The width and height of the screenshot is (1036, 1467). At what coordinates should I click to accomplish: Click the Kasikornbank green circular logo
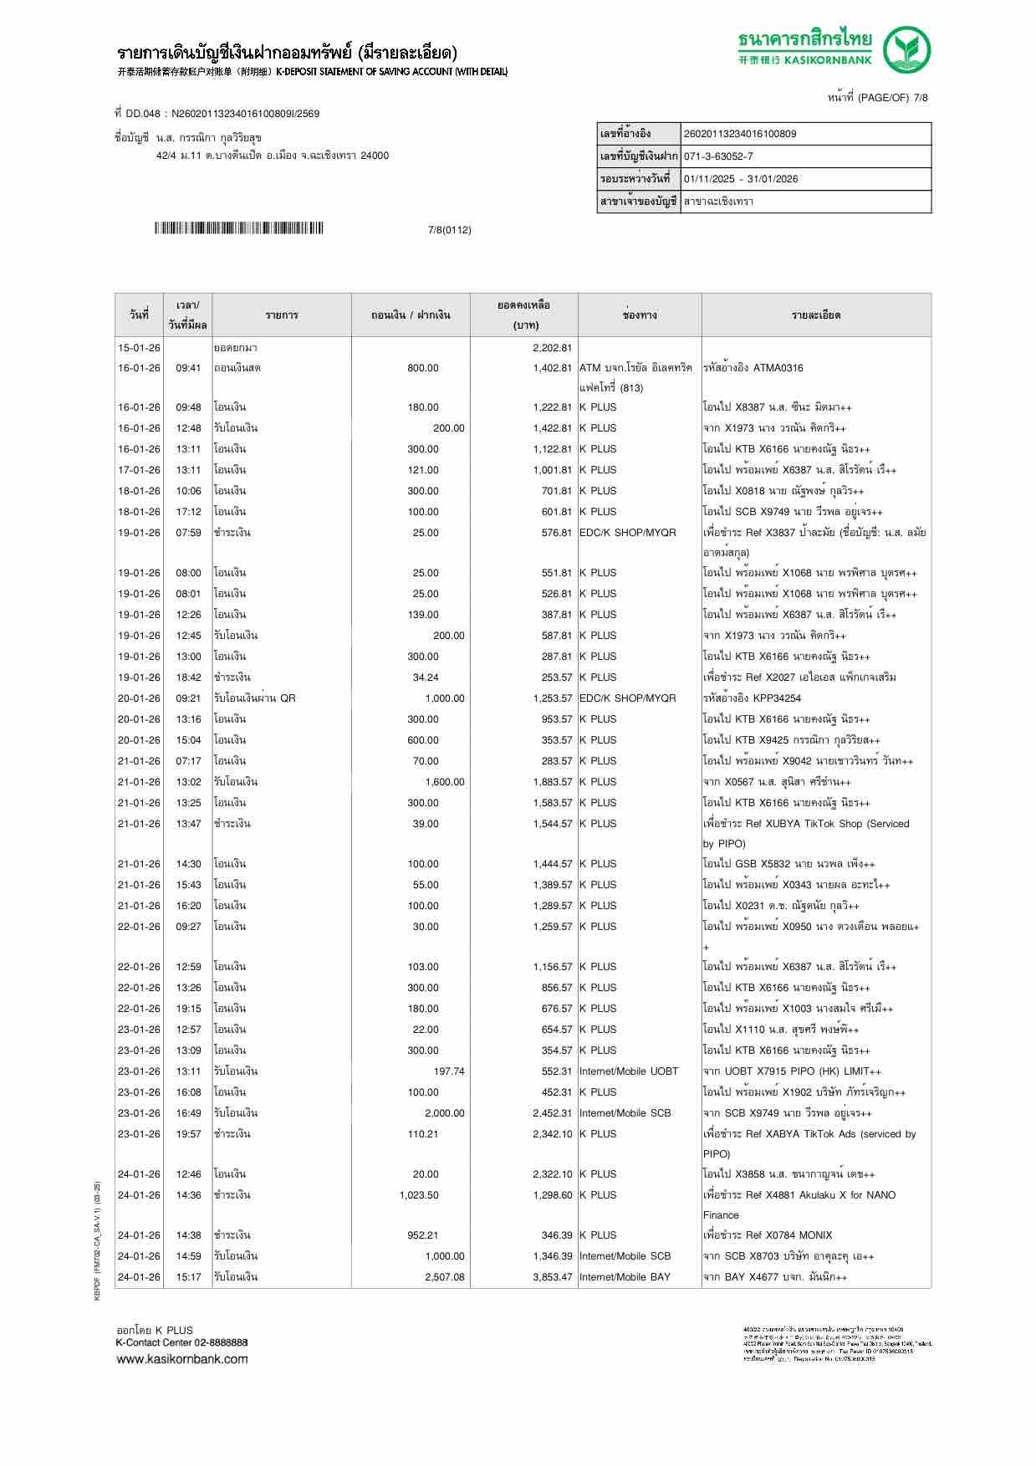pyautogui.click(x=908, y=49)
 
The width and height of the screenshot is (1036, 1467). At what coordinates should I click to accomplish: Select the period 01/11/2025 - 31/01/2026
pyautogui.click(x=740, y=179)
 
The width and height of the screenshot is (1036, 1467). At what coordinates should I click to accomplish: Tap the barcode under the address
pyautogui.click(x=238, y=228)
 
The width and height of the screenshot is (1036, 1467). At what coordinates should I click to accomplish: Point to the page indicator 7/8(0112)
pyautogui.click(x=449, y=230)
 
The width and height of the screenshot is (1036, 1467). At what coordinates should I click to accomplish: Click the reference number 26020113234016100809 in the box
pyautogui.click(x=740, y=134)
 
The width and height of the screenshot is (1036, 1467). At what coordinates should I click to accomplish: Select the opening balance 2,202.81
pyautogui.click(x=552, y=348)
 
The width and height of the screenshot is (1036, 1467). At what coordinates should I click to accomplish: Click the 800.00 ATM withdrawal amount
pyautogui.click(x=423, y=368)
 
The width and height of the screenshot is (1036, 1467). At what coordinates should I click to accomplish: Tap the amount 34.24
pyautogui.click(x=426, y=677)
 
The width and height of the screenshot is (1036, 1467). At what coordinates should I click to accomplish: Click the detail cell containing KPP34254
pyautogui.click(x=752, y=698)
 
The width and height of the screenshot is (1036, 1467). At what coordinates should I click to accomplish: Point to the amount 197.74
pyautogui.click(x=449, y=1071)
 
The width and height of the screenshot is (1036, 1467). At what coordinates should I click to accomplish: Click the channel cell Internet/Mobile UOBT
pyautogui.click(x=629, y=1071)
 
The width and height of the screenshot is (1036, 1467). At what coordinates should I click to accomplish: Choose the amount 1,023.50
pyautogui.click(x=419, y=1195)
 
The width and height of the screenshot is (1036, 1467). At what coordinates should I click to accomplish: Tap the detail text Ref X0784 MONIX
pyautogui.click(x=768, y=1235)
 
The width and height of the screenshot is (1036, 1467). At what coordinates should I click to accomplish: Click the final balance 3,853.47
pyautogui.click(x=552, y=1277)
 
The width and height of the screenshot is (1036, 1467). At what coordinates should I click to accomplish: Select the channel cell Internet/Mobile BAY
pyautogui.click(x=625, y=1277)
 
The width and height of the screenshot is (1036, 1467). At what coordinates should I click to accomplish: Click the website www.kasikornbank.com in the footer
pyautogui.click(x=182, y=1359)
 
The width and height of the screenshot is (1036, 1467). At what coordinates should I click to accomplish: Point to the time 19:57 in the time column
pyautogui.click(x=188, y=1134)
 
